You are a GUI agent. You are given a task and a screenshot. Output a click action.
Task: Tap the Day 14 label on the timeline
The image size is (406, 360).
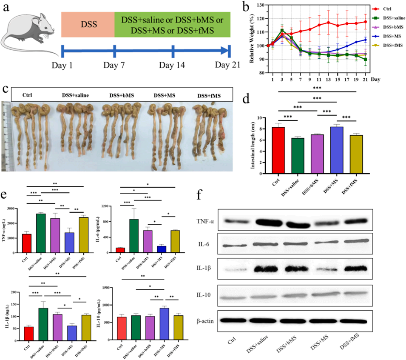(172, 65)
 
